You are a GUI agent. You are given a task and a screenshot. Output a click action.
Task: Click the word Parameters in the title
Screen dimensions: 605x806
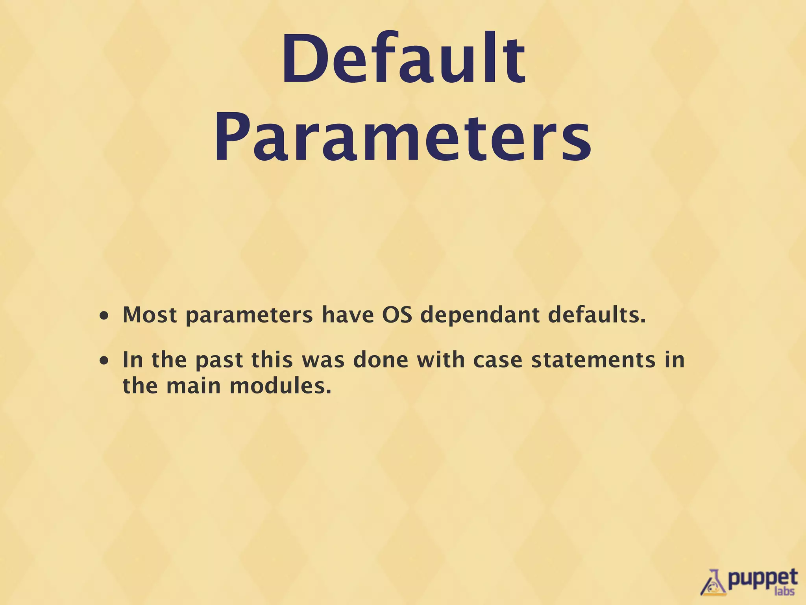click(403, 136)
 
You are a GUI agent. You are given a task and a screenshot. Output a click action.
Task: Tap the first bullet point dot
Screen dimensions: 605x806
click(104, 316)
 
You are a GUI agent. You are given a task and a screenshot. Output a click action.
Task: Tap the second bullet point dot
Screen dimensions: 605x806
click(104, 361)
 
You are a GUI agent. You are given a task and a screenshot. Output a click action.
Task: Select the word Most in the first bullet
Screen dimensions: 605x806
click(150, 315)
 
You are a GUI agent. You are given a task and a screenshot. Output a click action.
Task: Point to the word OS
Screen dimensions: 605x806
click(397, 315)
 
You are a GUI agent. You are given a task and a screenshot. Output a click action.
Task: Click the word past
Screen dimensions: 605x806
click(219, 360)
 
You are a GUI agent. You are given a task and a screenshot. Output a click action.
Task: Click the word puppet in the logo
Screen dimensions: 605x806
click(762, 578)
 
